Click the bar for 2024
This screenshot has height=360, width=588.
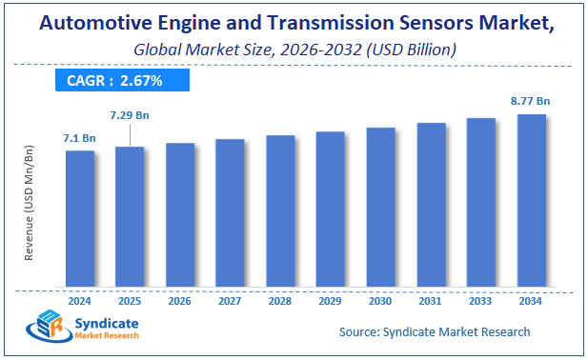coord(80,219)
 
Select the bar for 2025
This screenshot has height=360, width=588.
coord(130,217)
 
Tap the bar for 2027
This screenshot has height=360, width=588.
coord(230,213)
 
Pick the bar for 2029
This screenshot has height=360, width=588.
coord(330,210)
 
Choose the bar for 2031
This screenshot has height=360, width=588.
coord(431,205)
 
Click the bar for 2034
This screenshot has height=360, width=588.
coord(531,201)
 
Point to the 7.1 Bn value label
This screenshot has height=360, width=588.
coord(80,138)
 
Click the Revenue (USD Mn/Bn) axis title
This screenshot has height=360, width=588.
coord(29,202)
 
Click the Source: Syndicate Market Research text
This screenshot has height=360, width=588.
coord(435,331)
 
